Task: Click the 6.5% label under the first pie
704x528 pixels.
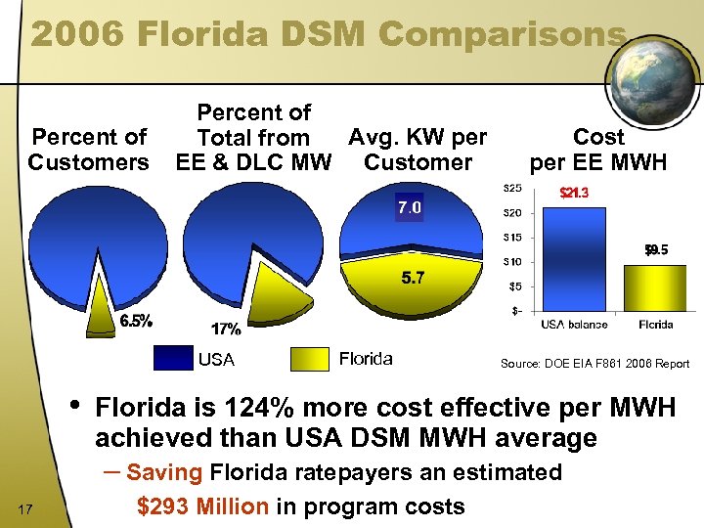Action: pyautogui.click(x=135, y=320)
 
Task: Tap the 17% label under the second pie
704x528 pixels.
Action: pyautogui.click(x=226, y=329)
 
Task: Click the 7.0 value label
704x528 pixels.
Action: pyautogui.click(x=409, y=207)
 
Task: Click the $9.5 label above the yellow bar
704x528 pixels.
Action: pyautogui.click(x=656, y=250)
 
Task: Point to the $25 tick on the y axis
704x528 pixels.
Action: pyautogui.click(x=511, y=188)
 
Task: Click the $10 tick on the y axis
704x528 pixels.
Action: pyautogui.click(x=511, y=261)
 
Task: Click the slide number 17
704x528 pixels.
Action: pyautogui.click(x=26, y=506)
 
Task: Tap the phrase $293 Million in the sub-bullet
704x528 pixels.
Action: pyautogui.click(x=202, y=506)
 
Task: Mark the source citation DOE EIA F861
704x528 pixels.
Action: pyautogui.click(x=594, y=364)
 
